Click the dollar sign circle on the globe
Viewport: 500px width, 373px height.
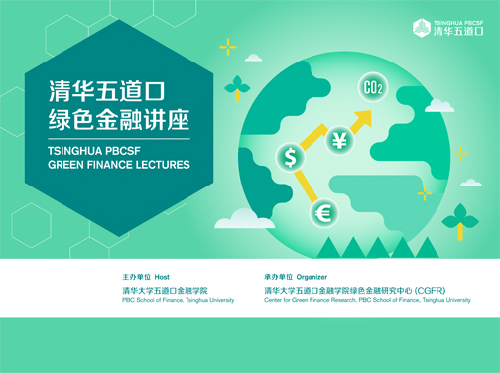click(x=290, y=157)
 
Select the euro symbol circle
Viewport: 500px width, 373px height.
click(x=323, y=212)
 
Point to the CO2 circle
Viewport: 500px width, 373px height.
click(x=373, y=89)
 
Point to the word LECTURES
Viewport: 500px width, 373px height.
click(x=160, y=167)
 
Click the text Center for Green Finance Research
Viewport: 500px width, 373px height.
click(x=310, y=299)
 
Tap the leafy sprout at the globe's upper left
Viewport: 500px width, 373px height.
click(x=236, y=87)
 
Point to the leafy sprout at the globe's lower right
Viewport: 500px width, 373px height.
click(x=459, y=216)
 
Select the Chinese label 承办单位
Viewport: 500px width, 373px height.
click(x=279, y=276)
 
